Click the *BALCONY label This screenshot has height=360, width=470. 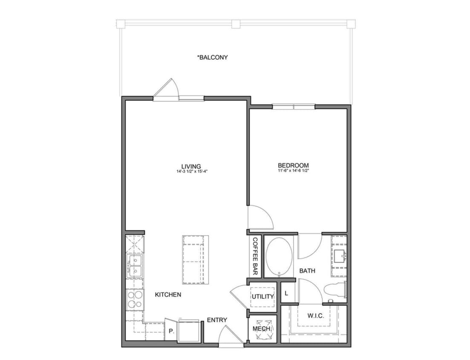coord(212,57)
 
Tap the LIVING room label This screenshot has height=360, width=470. coord(191,166)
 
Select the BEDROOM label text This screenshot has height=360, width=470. coord(293,165)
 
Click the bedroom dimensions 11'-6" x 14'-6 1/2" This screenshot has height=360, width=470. coord(293,170)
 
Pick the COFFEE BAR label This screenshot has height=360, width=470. coord(255,255)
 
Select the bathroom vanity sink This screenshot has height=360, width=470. coord(339,256)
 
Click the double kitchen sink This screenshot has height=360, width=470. coord(135,266)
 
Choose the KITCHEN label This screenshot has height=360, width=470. coord(168,295)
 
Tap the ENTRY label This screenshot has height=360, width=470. coord(217,320)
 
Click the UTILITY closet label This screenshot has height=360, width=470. coord(262,296)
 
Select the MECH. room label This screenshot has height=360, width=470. coord(262,329)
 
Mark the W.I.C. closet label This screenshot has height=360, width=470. coord(316,316)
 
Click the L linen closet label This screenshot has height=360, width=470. coord(286,293)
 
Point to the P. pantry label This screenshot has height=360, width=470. coord(171,331)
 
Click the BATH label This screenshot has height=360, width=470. coord(307,270)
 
